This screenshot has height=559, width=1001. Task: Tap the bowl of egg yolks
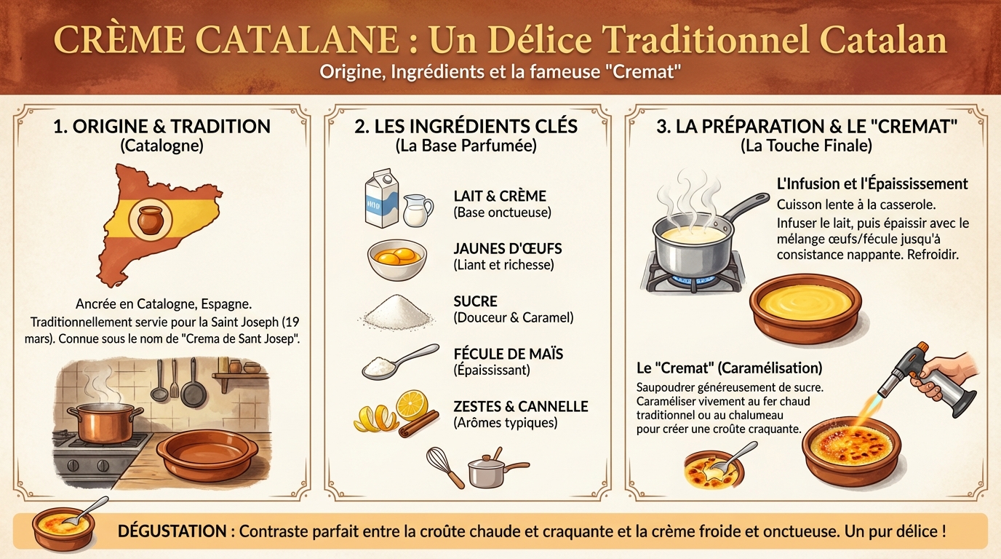[396, 260]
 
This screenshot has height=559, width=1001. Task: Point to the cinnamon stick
[419, 424]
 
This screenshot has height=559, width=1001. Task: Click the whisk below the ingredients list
[444, 467]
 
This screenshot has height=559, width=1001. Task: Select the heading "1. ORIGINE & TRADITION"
[161, 126]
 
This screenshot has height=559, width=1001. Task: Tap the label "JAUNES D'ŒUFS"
[507, 249]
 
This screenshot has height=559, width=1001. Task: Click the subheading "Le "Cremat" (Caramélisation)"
[729, 368]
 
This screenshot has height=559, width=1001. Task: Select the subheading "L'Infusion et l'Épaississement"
[872, 183]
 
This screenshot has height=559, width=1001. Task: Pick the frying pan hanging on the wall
[194, 389]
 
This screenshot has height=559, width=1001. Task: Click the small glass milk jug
[417, 210]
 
